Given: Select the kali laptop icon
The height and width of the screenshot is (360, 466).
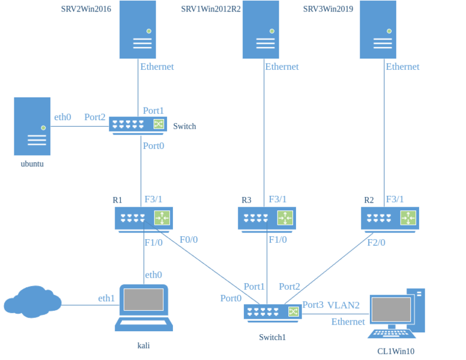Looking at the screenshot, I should point(144,308).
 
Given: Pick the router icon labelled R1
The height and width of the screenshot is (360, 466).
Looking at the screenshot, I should point(144,219).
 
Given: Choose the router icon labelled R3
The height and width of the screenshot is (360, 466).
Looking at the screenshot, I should point(267,219).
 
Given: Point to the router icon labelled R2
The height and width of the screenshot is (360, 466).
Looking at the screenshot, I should point(390,219).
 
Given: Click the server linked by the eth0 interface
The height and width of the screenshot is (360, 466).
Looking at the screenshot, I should point(32,126).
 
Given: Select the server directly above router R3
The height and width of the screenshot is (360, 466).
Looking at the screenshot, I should point(261,30).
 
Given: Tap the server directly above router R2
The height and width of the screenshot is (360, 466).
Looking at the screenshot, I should point(378,30).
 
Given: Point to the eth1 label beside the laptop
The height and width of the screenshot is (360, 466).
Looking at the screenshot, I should point(106,297).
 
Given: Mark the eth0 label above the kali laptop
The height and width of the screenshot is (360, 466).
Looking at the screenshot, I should point(153,275).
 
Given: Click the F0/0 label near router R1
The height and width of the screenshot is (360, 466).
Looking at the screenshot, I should point(189,239).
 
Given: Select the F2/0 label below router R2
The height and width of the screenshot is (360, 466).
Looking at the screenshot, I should point(377,242).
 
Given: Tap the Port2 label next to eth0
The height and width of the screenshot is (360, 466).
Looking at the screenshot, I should point(94,117).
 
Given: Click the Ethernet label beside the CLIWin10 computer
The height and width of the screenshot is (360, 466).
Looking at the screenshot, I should point(348,322).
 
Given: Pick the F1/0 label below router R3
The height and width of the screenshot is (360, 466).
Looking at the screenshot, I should point(277,240).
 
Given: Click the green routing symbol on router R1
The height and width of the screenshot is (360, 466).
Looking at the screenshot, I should point(162,218).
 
